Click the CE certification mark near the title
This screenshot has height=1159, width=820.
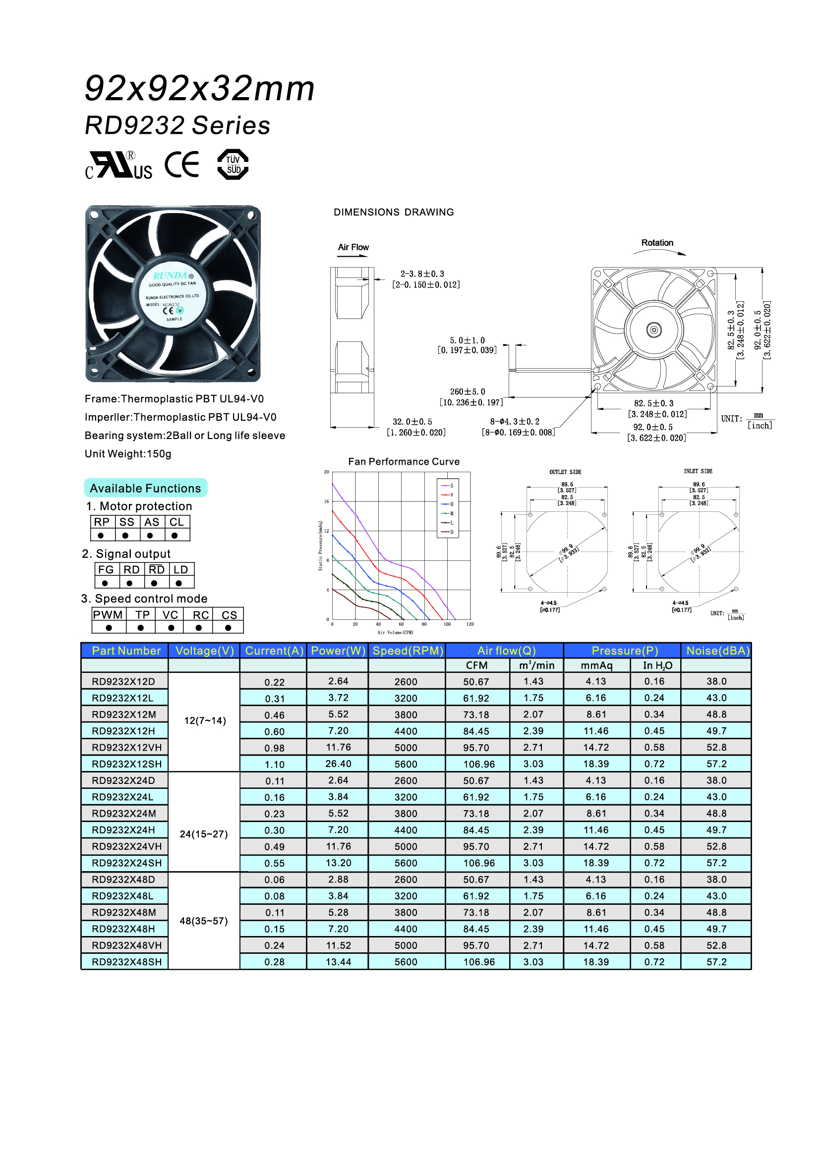coord(182,165)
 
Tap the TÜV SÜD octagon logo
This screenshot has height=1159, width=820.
coord(233,165)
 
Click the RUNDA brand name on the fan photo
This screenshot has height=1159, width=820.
coord(170,276)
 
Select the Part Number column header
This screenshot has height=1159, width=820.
coord(126,651)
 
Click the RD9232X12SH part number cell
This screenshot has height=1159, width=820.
coord(127,764)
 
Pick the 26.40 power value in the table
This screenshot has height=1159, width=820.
coord(338,764)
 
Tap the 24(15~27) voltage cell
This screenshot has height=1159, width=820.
coord(203,834)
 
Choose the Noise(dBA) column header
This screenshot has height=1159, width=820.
coord(717,651)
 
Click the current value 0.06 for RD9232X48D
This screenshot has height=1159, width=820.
coord(274,880)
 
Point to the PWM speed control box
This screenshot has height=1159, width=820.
coord(108,615)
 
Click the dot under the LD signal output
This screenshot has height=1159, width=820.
coord(179,583)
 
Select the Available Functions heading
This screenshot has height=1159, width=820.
coord(145,488)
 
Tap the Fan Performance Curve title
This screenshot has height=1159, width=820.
coord(404,461)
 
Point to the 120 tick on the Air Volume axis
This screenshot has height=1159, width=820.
coord(470,624)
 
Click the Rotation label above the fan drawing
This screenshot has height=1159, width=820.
coord(657,243)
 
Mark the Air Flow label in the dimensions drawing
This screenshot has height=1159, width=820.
coord(353,247)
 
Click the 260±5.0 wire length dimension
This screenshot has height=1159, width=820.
coord(467,392)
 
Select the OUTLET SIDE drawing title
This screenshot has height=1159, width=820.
coord(565,472)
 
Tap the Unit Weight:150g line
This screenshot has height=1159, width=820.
coord(128,454)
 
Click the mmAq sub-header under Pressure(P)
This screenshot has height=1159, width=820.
coord(596,665)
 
